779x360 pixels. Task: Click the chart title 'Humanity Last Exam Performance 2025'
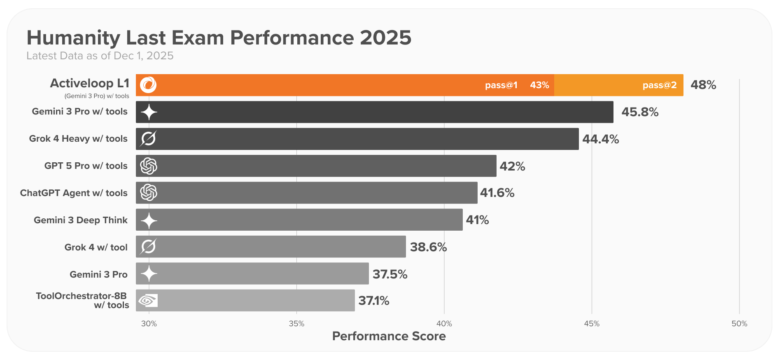(x=219, y=38)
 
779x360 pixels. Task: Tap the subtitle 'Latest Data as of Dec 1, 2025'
(x=100, y=56)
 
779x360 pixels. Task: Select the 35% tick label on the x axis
(x=296, y=324)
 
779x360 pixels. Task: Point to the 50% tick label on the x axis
(x=739, y=324)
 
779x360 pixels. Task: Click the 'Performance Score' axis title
(x=389, y=336)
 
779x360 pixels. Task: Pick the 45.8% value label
(x=640, y=112)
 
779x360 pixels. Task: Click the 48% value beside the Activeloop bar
(x=703, y=85)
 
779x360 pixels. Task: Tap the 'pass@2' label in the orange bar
(x=660, y=85)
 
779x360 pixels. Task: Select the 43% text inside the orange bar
(x=539, y=85)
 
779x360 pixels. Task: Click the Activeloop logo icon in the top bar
(x=148, y=85)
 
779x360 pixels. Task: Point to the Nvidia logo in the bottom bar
(x=148, y=301)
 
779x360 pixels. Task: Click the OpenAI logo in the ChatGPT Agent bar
(x=149, y=192)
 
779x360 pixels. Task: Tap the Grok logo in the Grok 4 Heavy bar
(x=148, y=139)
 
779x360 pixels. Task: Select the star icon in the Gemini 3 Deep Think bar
(x=149, y=220)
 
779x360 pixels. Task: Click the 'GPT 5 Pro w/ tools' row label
(x=86, y=166)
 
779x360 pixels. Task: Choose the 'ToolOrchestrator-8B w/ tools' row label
(x=82, y=300)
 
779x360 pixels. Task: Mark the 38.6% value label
(x=428, y=247)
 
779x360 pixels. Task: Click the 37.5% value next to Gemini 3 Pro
(x=390, y=274)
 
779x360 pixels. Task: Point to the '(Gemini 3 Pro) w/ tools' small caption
(x=97, y=96)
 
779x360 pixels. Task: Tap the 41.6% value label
(x=497, y=193)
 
